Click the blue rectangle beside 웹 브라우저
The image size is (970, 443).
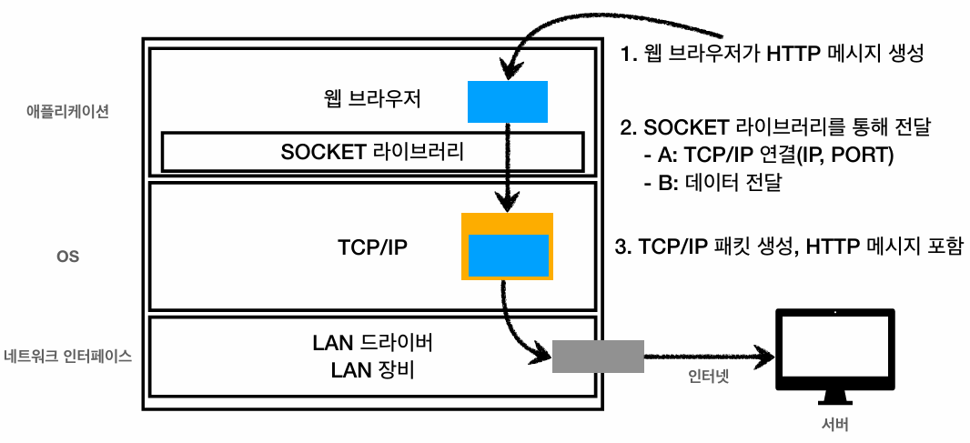507,101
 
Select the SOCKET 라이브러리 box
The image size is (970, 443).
372,152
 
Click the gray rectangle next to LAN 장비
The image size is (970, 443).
598,356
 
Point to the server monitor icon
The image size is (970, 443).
834,349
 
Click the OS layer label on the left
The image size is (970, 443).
68,257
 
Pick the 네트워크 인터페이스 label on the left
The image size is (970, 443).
68,357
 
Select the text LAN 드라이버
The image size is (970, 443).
372,344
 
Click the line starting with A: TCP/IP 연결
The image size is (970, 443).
769,156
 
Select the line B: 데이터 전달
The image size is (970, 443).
713,184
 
